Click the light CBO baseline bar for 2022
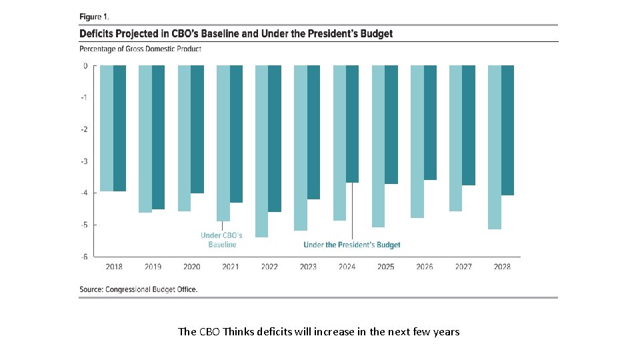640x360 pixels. [262, 151]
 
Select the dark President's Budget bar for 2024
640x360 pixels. [352, 124]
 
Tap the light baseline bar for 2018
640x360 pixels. [107, 128]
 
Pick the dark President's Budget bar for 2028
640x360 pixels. [507, 130]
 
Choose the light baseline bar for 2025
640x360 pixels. [378, 146]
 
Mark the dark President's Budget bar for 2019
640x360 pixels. [158, 137]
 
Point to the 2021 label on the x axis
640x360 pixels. [231, 267]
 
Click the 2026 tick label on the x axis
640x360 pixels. [425, 267]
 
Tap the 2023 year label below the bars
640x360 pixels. [308, 267]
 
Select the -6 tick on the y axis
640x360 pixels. [85, 257]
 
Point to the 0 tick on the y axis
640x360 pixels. [85, 66]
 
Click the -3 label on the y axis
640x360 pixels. [85, 161]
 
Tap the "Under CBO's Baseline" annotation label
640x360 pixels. [221, 240]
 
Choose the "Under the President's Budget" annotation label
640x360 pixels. [352, 245]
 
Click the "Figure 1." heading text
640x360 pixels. [95, 16]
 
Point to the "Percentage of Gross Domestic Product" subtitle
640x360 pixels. [140, 49]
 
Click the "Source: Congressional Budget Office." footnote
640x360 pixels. [139, 289]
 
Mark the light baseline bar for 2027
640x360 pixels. [455, 138]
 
